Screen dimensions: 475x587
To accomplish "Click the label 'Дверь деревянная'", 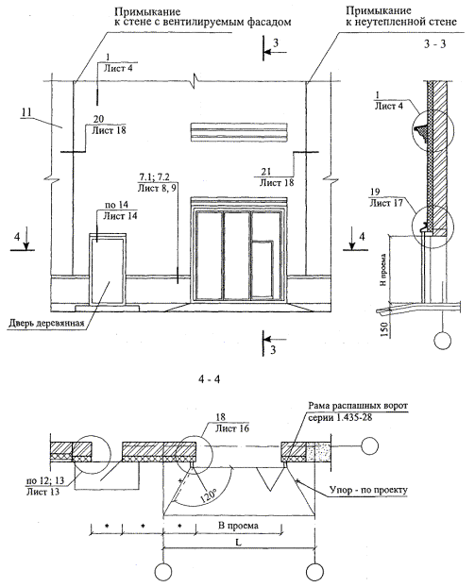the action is click(46, 324).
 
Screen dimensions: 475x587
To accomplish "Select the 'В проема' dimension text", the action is click(238, 526).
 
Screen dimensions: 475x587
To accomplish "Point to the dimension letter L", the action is click(238, 542).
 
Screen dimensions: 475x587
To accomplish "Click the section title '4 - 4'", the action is click(210, 378).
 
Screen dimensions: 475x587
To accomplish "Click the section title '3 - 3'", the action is click(435, 43).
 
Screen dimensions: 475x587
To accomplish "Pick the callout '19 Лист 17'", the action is click(386, 197).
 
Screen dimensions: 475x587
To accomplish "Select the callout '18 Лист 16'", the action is click(232, 423).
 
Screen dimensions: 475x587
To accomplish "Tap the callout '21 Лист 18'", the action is click(277, 177).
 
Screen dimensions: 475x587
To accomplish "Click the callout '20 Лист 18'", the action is click(109, 125).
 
